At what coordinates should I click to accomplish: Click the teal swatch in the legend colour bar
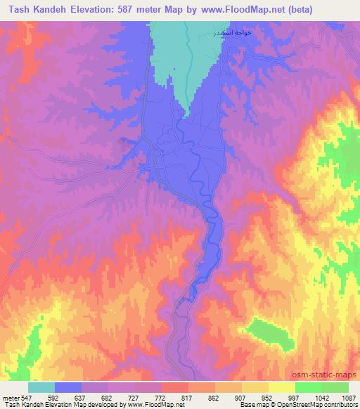[41, 387]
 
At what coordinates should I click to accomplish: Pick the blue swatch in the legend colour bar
[68, 387]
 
